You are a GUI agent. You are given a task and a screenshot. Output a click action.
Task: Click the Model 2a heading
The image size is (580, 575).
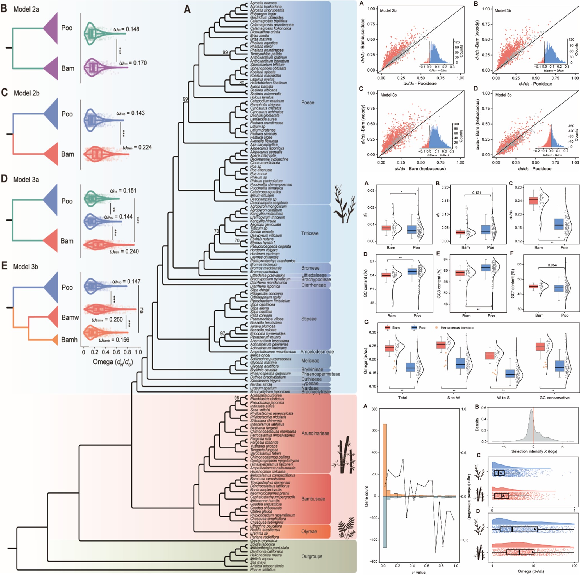(26, 9)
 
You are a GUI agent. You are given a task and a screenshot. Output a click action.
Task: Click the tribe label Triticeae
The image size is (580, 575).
(310, 233)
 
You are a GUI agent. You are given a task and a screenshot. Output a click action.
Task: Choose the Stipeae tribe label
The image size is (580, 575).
(309, 319)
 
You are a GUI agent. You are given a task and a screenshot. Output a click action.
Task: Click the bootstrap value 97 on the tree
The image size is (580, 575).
(222, 334)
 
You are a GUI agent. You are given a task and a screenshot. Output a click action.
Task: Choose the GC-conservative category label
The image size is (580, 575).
(553, 398)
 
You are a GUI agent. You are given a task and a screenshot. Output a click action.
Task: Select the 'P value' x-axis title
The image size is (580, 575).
(418, 572)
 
